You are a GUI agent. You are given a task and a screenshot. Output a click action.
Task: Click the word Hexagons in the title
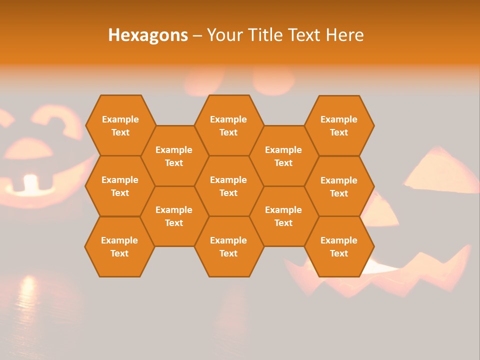click(x=148, y=35)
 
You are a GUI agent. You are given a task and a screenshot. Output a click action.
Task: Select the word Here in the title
click(x=344, y=35)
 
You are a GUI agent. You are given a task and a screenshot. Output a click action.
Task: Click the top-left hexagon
click(x=120, y=125)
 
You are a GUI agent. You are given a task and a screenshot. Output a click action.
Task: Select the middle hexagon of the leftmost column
click(x=120, y=186)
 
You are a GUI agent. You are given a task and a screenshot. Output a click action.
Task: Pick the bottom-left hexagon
click(x=119, y=246)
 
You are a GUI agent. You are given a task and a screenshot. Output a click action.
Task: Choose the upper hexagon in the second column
click(x=174, y=156)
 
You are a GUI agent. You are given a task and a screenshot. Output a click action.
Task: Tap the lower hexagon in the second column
click(x=174, y=216)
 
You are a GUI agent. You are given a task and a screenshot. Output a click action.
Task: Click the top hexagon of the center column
click(x=228, y=125)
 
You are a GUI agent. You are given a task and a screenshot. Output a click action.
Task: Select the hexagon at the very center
click(x=228, y=186)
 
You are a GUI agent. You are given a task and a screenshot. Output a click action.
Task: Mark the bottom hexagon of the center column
click(x=228, y=246)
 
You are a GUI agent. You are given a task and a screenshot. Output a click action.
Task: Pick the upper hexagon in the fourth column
click(x=283, y=156)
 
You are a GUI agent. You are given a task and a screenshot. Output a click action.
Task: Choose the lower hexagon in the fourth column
click(x=283, y=216)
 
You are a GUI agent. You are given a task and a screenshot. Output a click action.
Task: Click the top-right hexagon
click(x=339, y=125)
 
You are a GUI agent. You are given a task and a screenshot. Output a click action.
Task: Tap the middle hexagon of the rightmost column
click(x=339, y=186)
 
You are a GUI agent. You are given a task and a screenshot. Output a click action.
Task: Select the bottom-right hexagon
click(x=339, y=246)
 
